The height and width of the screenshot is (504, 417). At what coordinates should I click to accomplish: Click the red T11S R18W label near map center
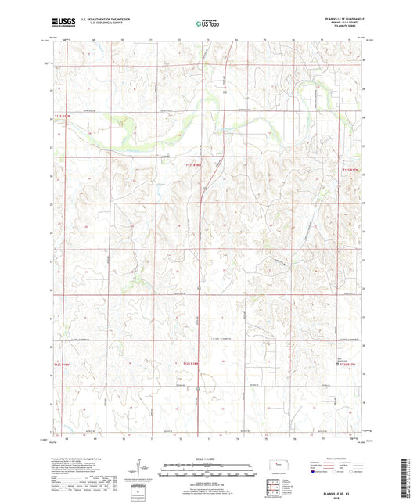[x=192, y=165]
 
